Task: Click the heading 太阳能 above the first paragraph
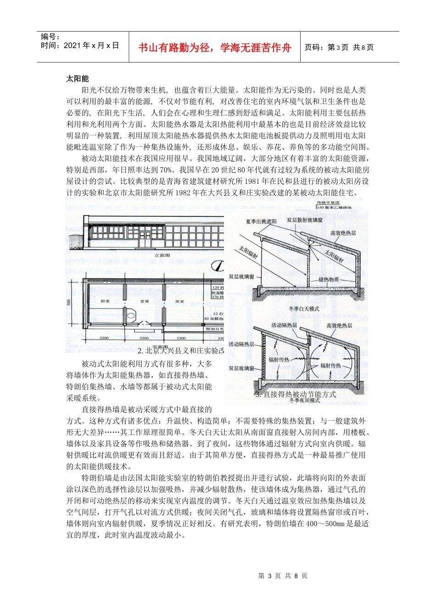coord(78,79)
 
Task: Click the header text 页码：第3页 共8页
coord(339,47)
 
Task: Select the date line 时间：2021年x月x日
coord(80,45)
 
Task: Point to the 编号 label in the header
coord(50,37)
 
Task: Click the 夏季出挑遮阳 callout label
coord(261,221)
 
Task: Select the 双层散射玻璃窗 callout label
coord(305,220)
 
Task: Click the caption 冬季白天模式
coord(304,309)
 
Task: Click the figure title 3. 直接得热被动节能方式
coord(296,394)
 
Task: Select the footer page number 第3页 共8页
coord(283,576)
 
